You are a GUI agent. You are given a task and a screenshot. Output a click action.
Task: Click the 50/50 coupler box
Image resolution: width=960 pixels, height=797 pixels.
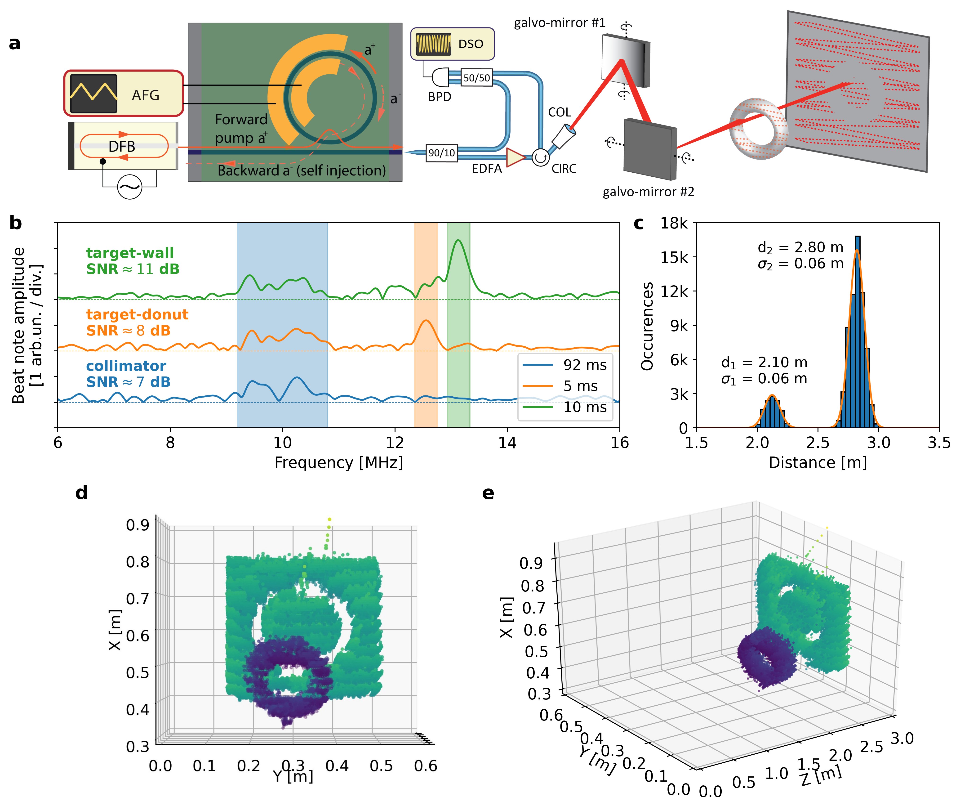[x=476, y=78]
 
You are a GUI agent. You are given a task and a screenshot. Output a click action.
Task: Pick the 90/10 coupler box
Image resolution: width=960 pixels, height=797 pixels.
[x=441, y=153]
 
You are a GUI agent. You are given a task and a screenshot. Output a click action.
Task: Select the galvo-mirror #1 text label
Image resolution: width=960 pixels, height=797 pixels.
[x=560, y=23]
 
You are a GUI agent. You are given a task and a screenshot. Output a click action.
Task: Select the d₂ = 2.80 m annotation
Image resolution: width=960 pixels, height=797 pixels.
[x=800, y=247]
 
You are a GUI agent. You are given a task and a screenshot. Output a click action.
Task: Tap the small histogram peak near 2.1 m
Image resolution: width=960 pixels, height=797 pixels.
[x=772, y=397]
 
